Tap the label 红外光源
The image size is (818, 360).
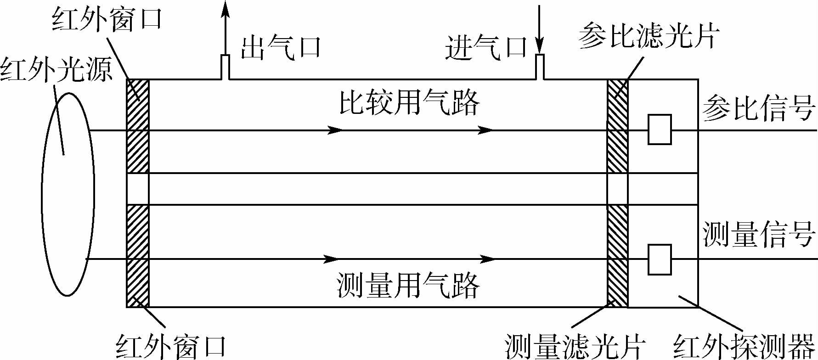pyautogui.click(x=56, y=70)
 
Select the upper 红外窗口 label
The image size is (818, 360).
pyautogui.click(x=107, y=19)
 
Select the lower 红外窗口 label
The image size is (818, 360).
pyautogui.click(x=171, y=347)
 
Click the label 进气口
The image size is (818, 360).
pyautogui.click(x=486, y=47)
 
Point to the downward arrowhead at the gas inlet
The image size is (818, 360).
pyautogui.click(x=540, y=46)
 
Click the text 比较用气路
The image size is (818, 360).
pyautogui.click(x=409, y=102)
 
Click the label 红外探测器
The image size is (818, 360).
pyautogui.click(x=744, y=347)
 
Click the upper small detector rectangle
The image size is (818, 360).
pyautogui.click(x=660, y=129)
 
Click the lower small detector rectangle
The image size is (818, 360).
pyautogui.click(x=660, y=259)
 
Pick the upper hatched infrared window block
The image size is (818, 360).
pyautogui.click(x=138, y=126)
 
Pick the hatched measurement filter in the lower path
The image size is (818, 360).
pyautogui.click(x=617, y=256)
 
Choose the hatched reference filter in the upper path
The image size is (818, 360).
pyautogui.click(x=617, y=126)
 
